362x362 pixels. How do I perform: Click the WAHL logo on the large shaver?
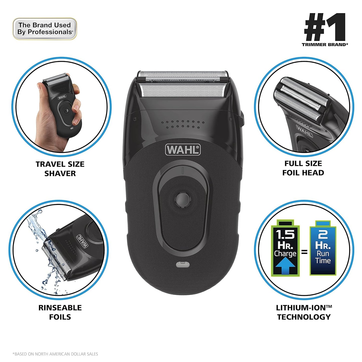pyautogui.click(x=183, y=150)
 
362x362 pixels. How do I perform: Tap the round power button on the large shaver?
pyautogui.click(x=183, y=200)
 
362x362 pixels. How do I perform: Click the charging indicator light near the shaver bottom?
pyautogui.click(x=182, y=264)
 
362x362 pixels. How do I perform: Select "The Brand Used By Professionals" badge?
pyautogui.click(x=45, y=29)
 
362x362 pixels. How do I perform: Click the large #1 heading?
pyautogui.click(x=325, y=27)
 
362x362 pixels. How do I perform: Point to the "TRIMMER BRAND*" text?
pyautogui.click(x=325, y=45)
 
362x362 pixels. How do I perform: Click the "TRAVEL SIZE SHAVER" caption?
pyautogui.click(x=60, y=169)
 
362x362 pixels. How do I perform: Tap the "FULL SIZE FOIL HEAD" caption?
pyautogui.click(x=303, y=168)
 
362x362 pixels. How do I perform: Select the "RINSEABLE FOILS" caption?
pyautogui.click(x=60, y=312)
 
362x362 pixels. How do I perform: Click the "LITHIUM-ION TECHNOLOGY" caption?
pyautogui.click(x=304, y=312)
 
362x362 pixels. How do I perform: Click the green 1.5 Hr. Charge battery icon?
pyautogui.click(x=285, y=248)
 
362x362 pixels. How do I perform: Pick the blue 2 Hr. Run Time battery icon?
pyautogui.click(x=323, y=248)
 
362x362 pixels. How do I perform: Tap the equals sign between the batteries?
pyautogui.click(x=304, y=252)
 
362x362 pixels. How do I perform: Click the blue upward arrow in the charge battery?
pyautogui.click(x=285, y=267)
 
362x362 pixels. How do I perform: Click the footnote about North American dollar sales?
pyautogui.click(x=55, y=354)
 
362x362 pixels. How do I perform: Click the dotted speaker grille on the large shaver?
pyautogui.click(x=182, y=124)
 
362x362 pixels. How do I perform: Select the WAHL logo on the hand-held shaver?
pyautogui.click(x=62, y=97)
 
